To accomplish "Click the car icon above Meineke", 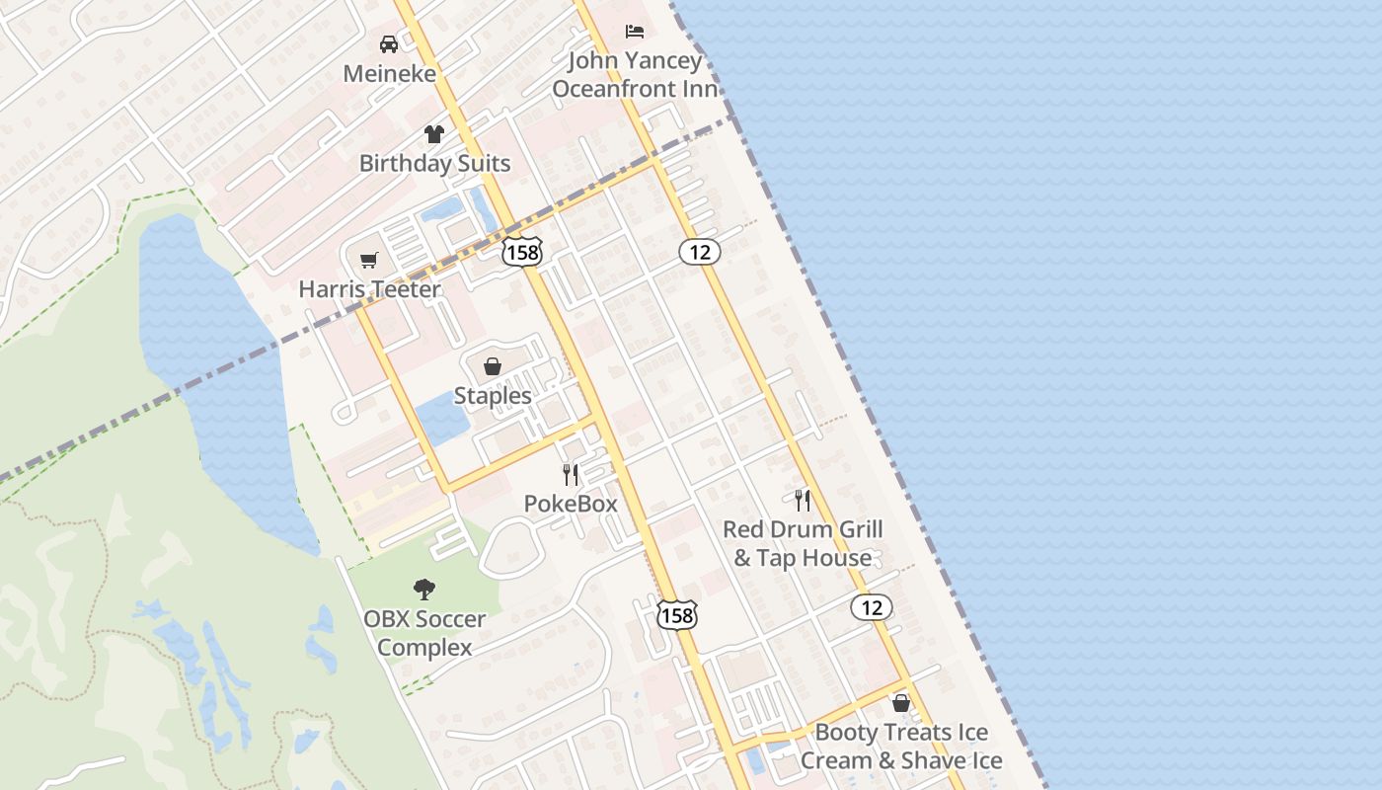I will coord(389,44).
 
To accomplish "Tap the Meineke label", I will coord(389,74).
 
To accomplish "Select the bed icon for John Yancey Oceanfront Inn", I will coord(635,32).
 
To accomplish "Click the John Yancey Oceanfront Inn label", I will coord(635,75).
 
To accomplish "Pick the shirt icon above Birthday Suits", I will coord(434,134).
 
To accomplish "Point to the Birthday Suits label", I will coord(434,164).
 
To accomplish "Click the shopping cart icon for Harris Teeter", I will coord(369,261).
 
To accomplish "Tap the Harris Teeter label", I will coord(369,290).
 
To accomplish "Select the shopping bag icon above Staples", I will coord(493,367).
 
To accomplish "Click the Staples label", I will coord(493,396).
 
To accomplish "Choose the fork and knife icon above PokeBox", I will coord(571,475).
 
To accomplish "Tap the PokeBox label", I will coord(571,504).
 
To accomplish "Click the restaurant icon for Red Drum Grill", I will coord(803,501).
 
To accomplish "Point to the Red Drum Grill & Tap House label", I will coord(803,543).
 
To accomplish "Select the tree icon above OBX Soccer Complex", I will coord(424,591).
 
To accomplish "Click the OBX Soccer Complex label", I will coord(424,634).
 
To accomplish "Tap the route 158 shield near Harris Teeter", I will coord(521,252).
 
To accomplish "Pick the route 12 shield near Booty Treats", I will coord(872,607).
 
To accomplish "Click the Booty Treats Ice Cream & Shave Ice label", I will coord(901,747).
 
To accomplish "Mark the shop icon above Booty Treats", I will coord(901,703).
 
